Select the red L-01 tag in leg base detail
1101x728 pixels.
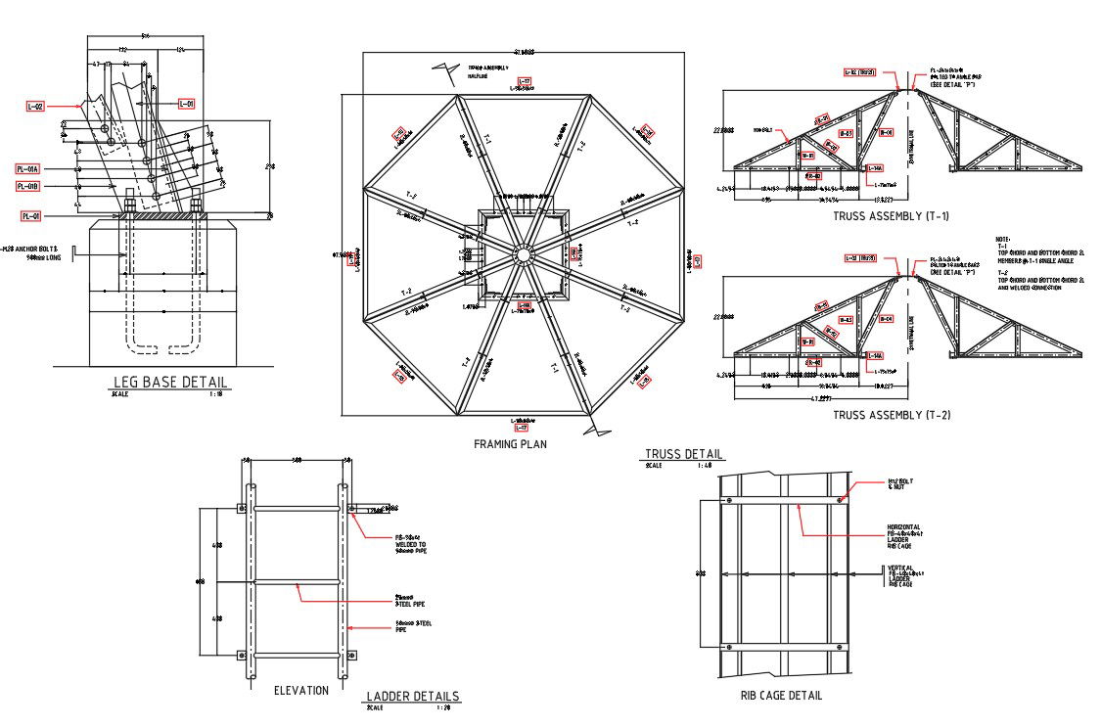[x=186, y=103]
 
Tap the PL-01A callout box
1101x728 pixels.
[x=30, y=168]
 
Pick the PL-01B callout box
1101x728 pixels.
[x=30, y=186]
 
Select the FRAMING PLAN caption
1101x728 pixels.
[x=510, y=444]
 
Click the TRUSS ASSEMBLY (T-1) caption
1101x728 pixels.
[x=891, y=216]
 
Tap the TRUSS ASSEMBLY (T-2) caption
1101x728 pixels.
[x=891, y=415]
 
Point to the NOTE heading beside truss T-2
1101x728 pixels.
[x=1002, y=240]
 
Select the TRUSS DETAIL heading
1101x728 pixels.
[x=684, y=454]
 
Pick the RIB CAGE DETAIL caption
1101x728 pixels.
[x=781, y=696]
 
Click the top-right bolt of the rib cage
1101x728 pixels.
[x=841, y=501]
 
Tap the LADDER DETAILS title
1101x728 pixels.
[x=412, y=697]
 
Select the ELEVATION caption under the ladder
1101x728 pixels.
[x=301, y=691]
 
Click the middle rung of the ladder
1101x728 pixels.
[x=297, y=582]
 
